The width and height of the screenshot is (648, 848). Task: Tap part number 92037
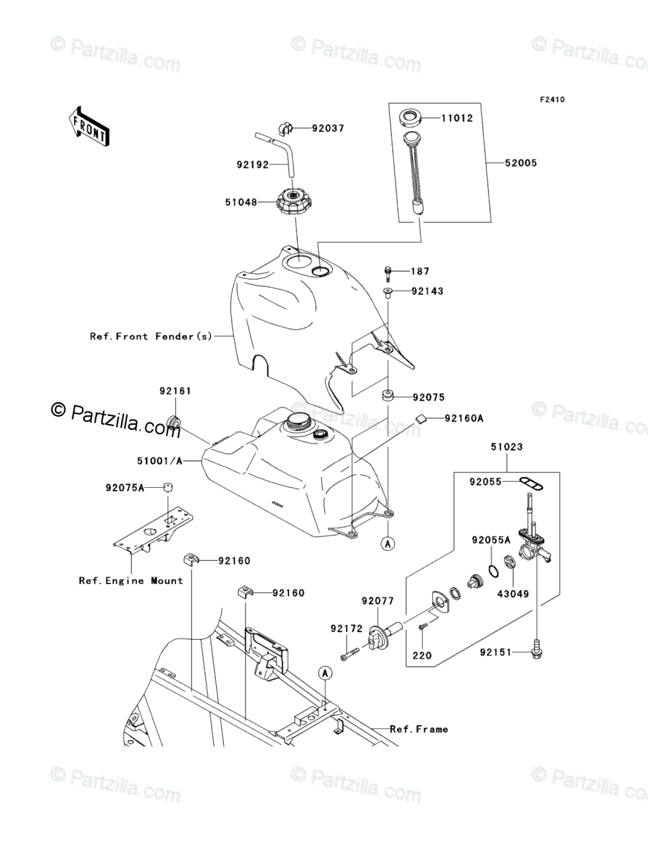[328, 128]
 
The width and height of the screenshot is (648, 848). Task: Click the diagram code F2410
[551, 99]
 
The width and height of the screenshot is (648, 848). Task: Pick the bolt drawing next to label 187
[389, 273]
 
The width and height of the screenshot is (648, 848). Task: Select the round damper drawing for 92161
[174, 422]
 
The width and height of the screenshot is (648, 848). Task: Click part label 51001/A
[159, 460]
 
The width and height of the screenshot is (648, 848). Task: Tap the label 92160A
[464, 418]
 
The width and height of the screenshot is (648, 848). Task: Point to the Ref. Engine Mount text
[131, 581]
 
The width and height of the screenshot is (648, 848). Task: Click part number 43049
[513, 593]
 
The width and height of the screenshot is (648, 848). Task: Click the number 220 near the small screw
[422, 656]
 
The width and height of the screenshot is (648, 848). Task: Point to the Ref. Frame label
[418, 729]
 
